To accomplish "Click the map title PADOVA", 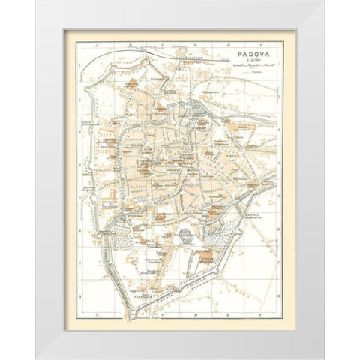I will click(x=247, y=54).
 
